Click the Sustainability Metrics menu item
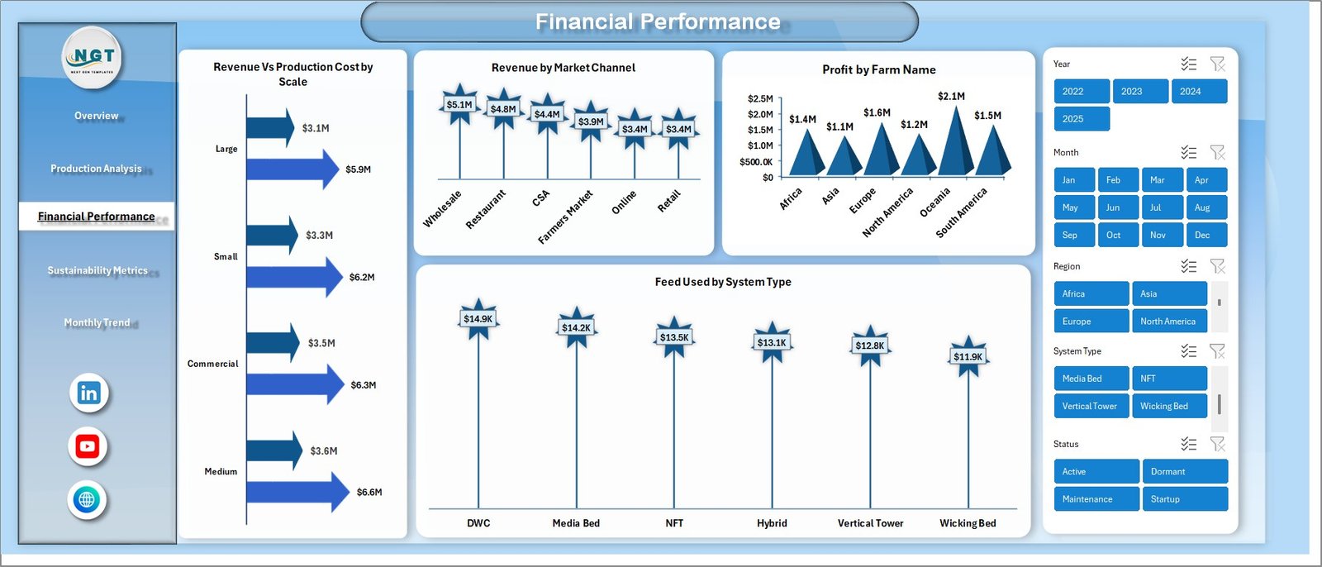tap(97, 270)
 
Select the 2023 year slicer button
tap(1139, 92)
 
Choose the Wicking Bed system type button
tap(1168, 406)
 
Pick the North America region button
tap(1168, 322)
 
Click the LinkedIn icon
tap(88, 393)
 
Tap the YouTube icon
tap(88, 446)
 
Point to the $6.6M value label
tap(369, 493)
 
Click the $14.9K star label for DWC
tap(478, 319)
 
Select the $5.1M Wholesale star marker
tap(459, 105)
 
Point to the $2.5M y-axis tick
tap(760, 99)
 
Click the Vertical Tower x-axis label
tap(870, 523)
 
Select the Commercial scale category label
tap(212, 364)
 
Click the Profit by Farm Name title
tap(878, 70)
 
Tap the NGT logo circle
tap(93, 57)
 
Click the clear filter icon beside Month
tap(1217, 153)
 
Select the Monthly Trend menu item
tap(97, 322)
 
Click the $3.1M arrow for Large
tap(270, 127)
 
